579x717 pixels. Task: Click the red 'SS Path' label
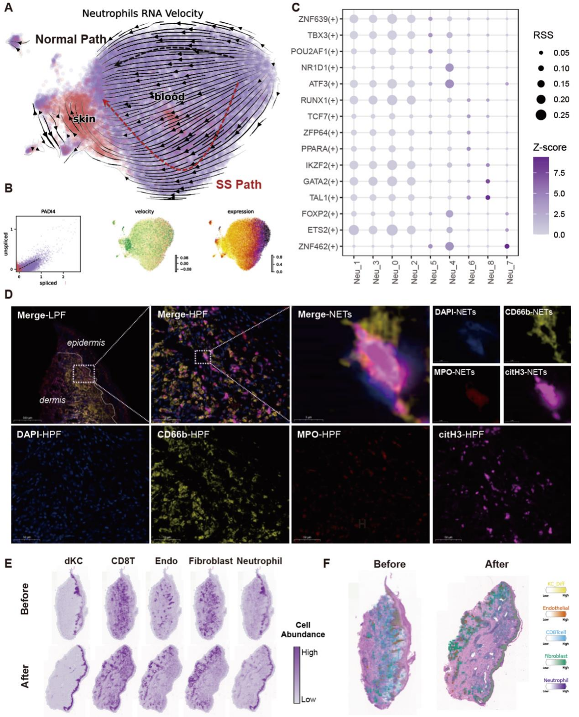[238, 184]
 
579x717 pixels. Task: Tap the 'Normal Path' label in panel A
[71, 39]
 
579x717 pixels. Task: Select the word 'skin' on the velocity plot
[84, 119]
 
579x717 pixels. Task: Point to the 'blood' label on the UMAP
[169, 97]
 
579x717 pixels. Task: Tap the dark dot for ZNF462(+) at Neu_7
[507, 246]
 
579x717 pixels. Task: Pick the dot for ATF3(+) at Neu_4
[449, 84]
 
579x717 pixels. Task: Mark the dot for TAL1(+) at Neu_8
[488, 198]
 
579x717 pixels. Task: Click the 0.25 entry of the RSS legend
[561, 115]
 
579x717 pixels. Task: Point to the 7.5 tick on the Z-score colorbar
[559, 173]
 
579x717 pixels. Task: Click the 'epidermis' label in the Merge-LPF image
[86, 343]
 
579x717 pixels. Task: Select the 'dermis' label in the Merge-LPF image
[53, 400]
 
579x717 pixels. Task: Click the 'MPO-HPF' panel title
[319, 434]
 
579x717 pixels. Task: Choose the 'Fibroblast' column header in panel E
[211, 561]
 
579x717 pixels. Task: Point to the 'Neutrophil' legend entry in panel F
[556, 680]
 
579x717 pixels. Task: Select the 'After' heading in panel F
[496, 564]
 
